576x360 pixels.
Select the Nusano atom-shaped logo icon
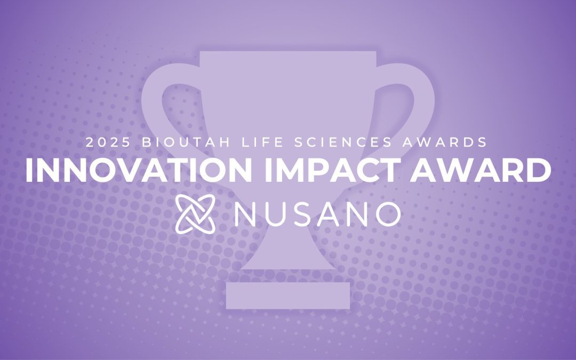point(196,212)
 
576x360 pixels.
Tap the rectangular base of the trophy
point(288,295)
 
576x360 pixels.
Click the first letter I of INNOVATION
point(29,170)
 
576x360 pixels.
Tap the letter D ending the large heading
point(538,170)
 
